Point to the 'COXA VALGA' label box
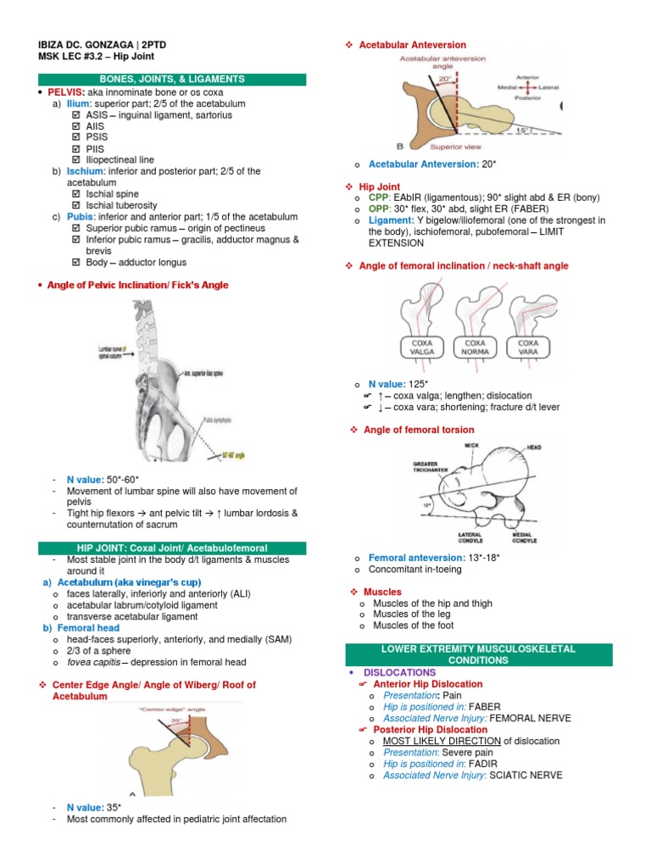click(423, 348)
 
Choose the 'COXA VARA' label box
click(528, 348)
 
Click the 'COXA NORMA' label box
click(475, 348)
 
